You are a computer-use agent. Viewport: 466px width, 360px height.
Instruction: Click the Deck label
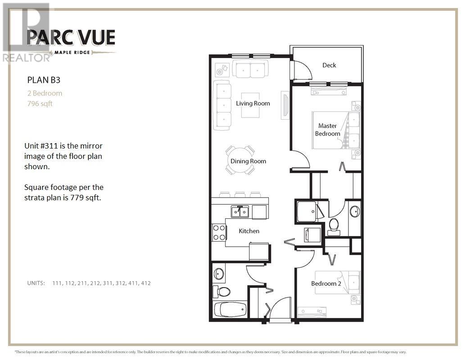click(x=329, y=65)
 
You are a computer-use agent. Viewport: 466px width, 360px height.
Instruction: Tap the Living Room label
click(x=253, y=103)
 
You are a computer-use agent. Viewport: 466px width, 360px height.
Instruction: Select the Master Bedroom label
click(x=327, y=130)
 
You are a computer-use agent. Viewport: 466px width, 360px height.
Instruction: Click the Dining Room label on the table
click(x=248, y=161)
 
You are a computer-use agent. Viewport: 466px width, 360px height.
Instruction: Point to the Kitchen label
click(x=249, y=231)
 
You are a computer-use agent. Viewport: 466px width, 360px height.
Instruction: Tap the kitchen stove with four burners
click(x=219, y=233)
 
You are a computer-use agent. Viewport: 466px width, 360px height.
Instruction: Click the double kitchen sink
click(x=240, y=211)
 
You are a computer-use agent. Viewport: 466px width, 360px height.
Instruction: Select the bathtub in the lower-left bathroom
click(x=230, y=310)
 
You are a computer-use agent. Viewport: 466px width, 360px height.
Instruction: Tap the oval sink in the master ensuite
click(x=354, y=211)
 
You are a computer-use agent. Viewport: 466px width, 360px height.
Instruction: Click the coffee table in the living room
click(x=250, y=105)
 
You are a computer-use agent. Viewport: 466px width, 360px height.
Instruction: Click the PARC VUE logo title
click(x=71, y=37)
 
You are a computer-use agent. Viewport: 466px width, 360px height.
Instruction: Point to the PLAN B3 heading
click(x=44, y=80)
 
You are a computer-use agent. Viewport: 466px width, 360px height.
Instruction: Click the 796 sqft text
click(x=40, y=103)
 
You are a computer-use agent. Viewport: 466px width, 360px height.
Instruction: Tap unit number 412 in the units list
click(x=145, y=283)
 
